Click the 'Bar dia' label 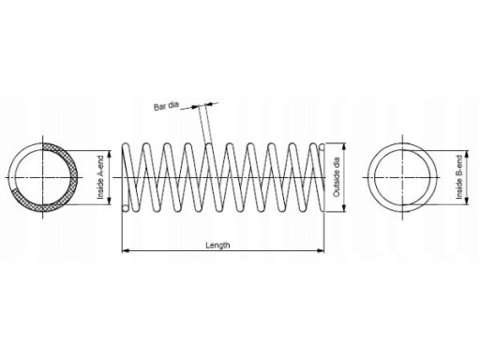[x=166, y=106]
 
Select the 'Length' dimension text [x=217, y=245]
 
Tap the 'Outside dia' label [x=337, y=177]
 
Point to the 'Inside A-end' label [x=100, y=177]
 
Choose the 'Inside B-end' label [x=459, y=177]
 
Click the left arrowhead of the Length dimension [x=126, y=250]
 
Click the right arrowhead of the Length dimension [x=321, y=250]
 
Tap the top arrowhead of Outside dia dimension [x=344, y=147]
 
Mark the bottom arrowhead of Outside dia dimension [x=344, y=208]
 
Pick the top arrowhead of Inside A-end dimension [x=110, y=155]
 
